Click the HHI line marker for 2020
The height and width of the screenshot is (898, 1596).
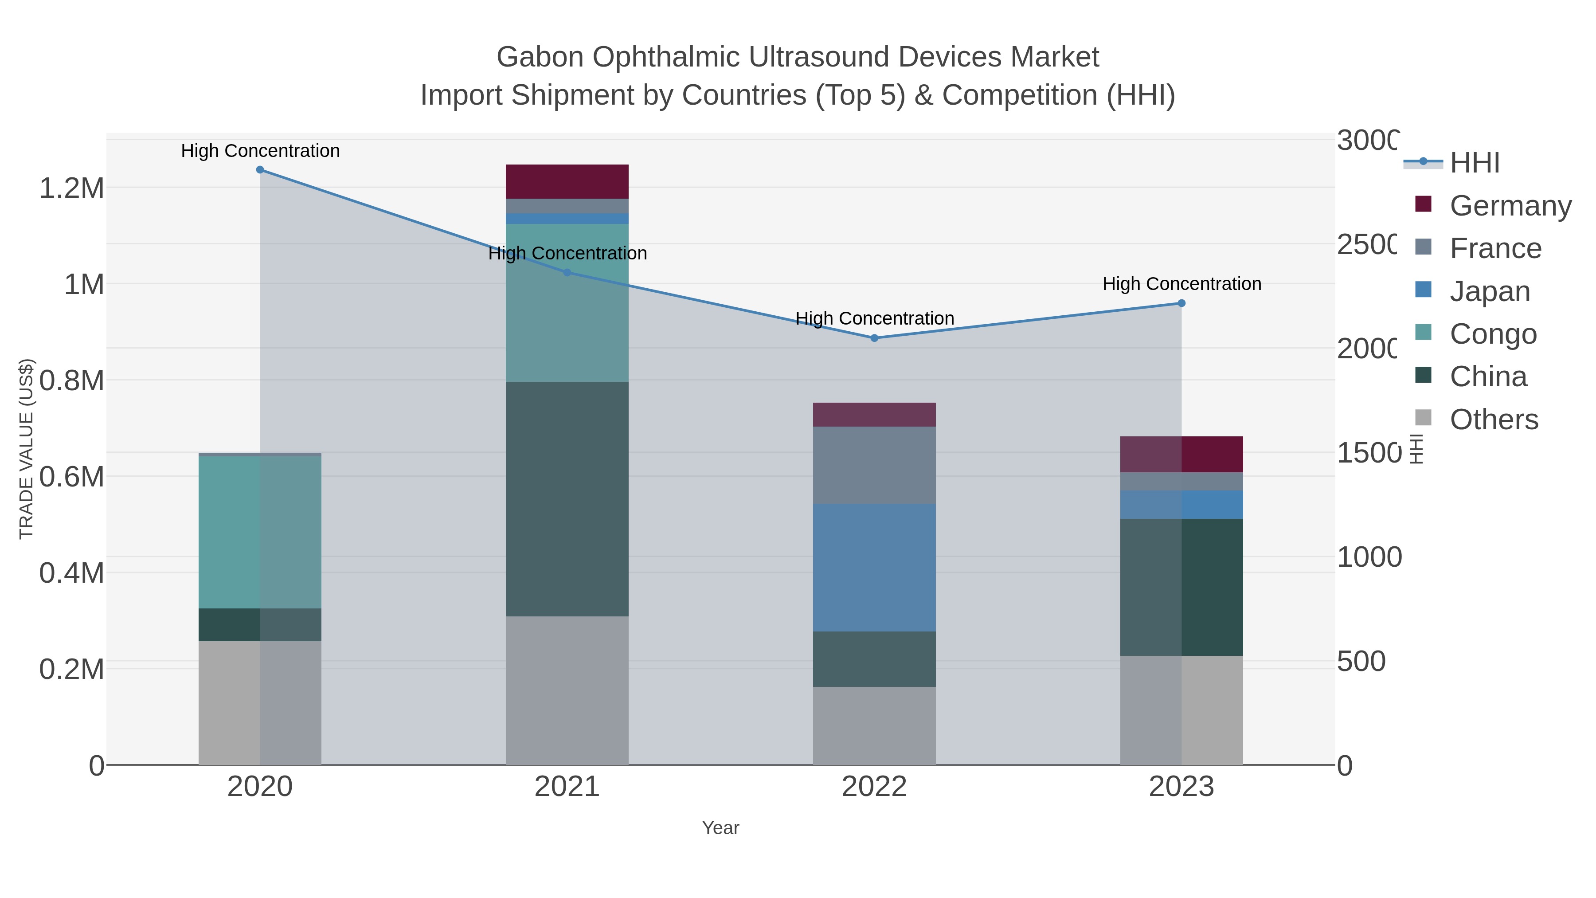(260, 170)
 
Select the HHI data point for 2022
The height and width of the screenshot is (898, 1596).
(874, 338)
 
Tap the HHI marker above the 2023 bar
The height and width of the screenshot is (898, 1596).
(1181, 303)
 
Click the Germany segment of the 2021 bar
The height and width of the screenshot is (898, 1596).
(567, 181)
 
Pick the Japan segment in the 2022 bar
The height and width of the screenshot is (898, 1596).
(874, 568)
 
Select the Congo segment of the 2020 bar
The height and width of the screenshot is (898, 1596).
(260, 532)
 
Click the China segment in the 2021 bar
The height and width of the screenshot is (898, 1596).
(567, 499)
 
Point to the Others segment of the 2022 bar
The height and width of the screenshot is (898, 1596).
(874, 725)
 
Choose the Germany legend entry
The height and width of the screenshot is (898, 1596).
(1510, 206)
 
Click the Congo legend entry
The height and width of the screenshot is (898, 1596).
(1493, 334)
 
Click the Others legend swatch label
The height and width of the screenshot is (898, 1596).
(1493, 420)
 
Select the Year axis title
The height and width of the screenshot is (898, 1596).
(720, 828)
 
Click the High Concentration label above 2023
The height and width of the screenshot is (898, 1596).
(1181, 284)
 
